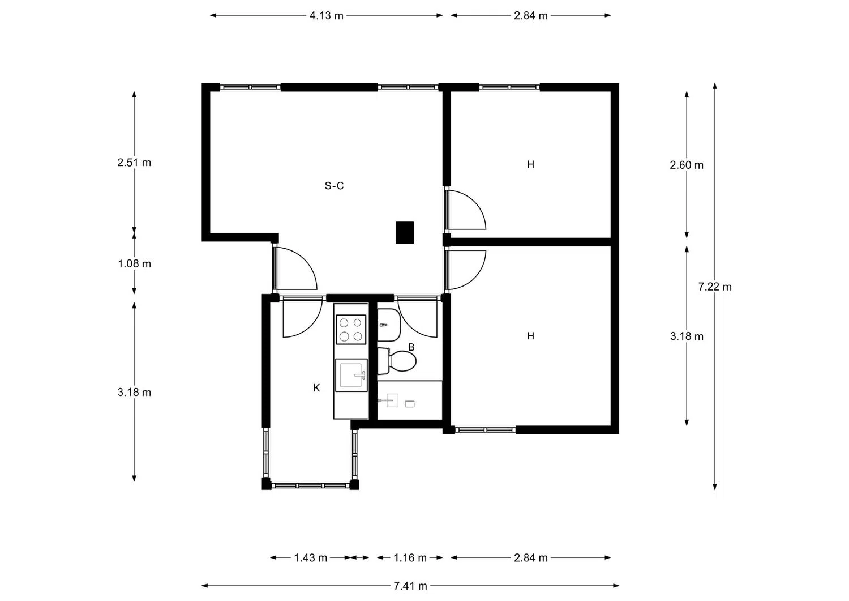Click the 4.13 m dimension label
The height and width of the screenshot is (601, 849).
coord(327,15)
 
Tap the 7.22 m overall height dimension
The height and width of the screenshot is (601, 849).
coord(715,287)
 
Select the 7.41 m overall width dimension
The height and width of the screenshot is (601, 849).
coord(410,586)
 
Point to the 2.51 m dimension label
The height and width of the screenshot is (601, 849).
coord(134,163)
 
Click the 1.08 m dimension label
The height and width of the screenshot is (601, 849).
coord(134,263)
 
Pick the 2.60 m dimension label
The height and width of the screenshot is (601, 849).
coord(687,165)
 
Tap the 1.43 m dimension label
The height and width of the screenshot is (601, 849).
coord(310,558)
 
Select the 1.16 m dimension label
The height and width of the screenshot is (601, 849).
coord(410,558)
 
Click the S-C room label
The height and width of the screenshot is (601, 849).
coord(334,186)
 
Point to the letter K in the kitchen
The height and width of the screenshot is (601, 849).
coord(316,388)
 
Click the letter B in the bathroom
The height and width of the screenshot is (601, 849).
coord(411,347)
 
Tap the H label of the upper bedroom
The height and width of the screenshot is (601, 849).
coord(531,164)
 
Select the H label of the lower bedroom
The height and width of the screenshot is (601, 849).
coord(531,336)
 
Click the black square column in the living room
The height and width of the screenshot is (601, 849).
coord(405,233)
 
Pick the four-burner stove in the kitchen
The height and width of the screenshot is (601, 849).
coord(351,329)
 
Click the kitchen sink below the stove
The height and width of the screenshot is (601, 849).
coord(351,375)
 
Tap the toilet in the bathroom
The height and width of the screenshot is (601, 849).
coord(397,360)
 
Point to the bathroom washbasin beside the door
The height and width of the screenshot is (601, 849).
coord(389,325)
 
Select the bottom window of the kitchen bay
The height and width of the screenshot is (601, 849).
coord(310,485)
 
